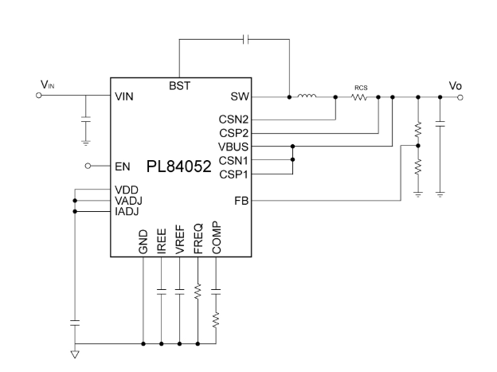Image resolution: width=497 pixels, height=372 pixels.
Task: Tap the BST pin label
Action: pos(179,85)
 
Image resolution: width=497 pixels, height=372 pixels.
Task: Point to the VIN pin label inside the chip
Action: pos(126,97)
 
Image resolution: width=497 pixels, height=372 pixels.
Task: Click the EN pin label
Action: pos(121,166)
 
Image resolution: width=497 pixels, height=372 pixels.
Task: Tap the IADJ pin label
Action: pos(127,211)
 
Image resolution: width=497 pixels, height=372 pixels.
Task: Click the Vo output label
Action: pos(453,84)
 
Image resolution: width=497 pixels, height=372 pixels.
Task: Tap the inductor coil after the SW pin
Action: pos(307,97)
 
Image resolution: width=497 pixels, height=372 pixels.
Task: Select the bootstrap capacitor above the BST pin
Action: pos(247,39)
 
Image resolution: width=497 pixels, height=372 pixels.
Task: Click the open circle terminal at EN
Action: pos(91,166)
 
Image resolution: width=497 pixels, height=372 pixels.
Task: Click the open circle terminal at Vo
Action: pos(460,97)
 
